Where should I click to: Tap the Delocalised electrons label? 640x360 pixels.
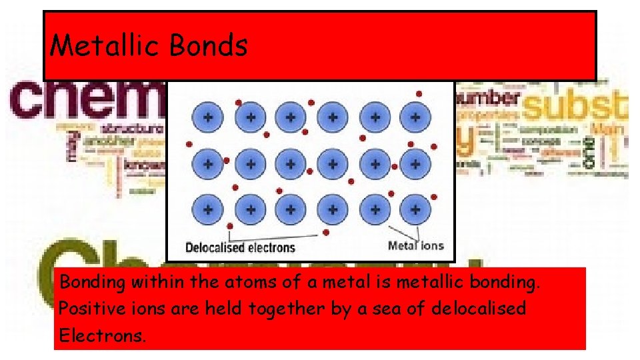pos(240,248)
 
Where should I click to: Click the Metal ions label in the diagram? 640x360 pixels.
pos(415,245)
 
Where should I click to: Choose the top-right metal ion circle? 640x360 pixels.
pos(415,117)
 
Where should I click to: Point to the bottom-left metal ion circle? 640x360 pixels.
pos(208,209)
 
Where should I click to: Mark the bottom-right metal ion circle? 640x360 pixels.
pos(415,209)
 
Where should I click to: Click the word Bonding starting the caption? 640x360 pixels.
pos(93,283)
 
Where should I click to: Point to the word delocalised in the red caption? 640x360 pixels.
pos(479,309)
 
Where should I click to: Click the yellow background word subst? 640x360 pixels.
pos(575,107)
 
